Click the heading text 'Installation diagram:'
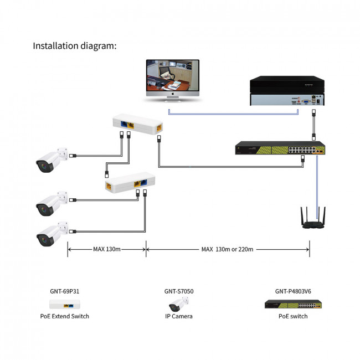click(75, 45)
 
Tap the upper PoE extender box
click(138, 124)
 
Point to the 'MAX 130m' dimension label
click(106, 249)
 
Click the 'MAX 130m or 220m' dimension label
click(227, 249)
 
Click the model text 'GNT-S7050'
click(179, 291)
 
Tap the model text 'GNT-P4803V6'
click(293, 291)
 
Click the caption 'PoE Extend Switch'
click(64, 316)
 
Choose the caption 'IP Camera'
click(178, 316)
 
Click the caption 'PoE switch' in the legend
click(293, 316)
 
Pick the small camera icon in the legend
click(178, 304)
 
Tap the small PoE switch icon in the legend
click(293, 305)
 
